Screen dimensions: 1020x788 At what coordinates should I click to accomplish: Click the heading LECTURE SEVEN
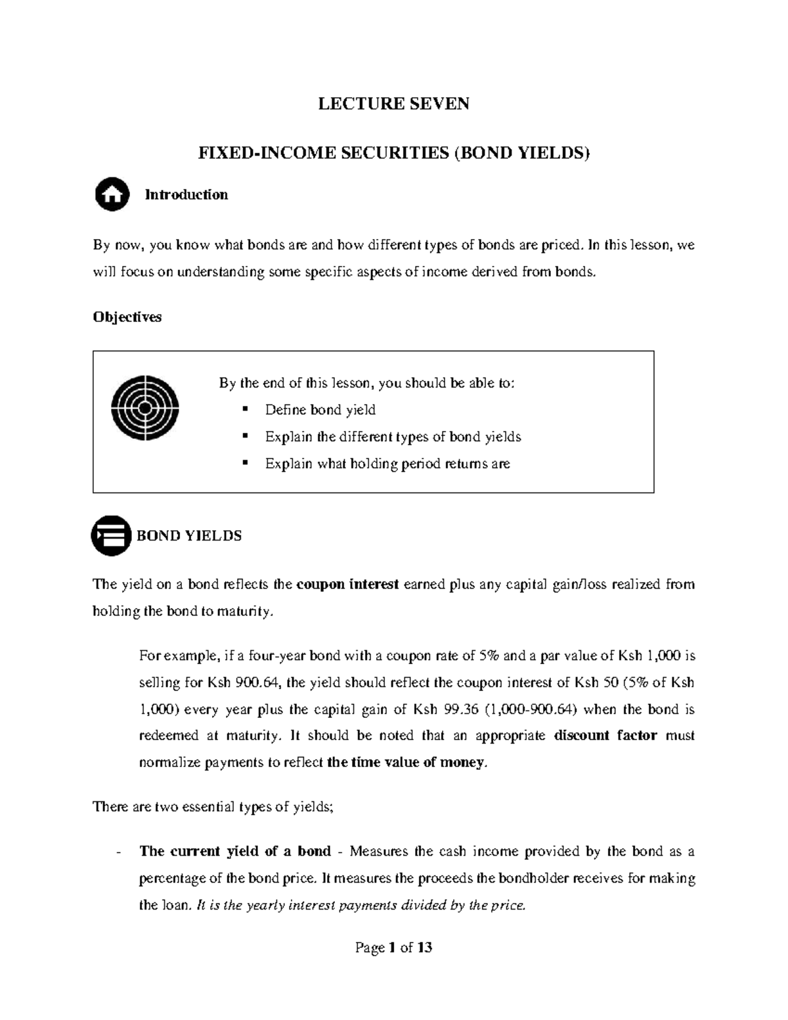(x=393, y=104)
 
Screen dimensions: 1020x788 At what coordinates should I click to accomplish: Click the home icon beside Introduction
(x=112, y=194)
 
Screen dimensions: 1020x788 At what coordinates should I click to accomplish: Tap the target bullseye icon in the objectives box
(x=145, y=408)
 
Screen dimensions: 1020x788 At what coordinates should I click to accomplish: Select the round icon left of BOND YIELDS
(x=111, y=535)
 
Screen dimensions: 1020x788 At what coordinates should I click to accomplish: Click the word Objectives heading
(x=127, y=317)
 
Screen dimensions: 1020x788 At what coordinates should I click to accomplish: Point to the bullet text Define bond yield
(x=320, y=410)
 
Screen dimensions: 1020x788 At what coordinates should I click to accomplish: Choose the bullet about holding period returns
(x=387, y=464)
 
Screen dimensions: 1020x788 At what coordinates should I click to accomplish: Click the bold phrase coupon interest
(x=348, y=585)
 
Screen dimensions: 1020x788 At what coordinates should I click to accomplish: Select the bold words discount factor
(x=605, y=736)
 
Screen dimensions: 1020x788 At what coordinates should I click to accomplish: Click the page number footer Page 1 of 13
(x=393, y=947)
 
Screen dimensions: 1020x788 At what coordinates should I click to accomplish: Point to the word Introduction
(x=186, y=194)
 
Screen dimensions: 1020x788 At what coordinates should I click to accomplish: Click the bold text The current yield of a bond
(x=235, y=851)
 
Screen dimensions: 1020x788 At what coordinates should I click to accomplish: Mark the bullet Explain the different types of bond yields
(x=393, y=437)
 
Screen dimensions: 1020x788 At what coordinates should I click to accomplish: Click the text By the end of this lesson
(x=366, y=383)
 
